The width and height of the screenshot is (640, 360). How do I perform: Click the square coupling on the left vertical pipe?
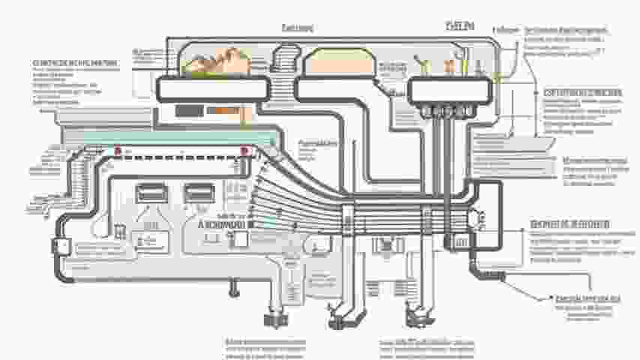coord(60,246)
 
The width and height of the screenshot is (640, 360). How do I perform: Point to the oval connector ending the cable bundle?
coord(477,217)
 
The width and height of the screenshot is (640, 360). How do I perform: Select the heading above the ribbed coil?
coord(298,28)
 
